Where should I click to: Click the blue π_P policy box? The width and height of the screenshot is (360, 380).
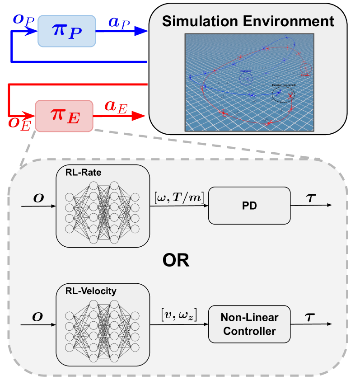(x=66, y=31)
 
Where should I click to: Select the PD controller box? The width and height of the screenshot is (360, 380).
(x=248, y=205)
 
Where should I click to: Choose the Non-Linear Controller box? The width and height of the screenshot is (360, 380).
(x=248, y=324)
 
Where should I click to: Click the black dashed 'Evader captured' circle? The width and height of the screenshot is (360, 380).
(x=283, y=94)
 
